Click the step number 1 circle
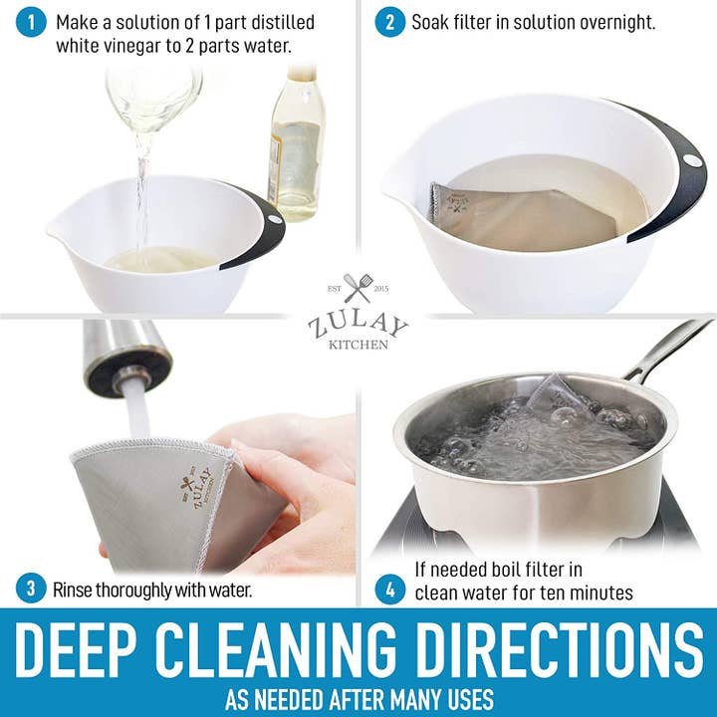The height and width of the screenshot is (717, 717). click(32, 23)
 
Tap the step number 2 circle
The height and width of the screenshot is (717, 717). click(390, 23)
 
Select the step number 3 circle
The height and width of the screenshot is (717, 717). click(32, 589)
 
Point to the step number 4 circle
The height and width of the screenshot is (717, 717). click(390, 589)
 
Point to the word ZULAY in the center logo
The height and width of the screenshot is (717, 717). click(358, 325)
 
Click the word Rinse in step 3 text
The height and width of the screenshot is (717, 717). click(76, 590)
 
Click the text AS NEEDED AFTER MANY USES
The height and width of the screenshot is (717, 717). click(358, 698)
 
